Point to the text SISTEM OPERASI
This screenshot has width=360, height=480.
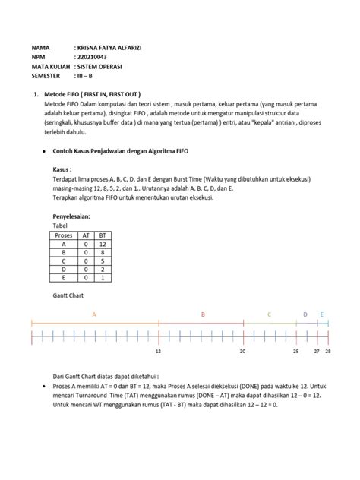click(x=101, y=67)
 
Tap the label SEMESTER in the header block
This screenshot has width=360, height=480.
click(x=46, y=76)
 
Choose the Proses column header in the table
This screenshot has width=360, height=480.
click(x=65, y=235)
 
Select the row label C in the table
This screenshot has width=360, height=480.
click(x=65, y=262)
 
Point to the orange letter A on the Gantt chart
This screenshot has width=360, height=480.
click(x=95, y=313)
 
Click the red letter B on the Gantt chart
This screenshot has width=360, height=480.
click(x=203, y=313)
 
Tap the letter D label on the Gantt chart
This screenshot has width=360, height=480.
click(x=305, y=313)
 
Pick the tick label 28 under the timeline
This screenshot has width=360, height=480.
click(x=328, y=352)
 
